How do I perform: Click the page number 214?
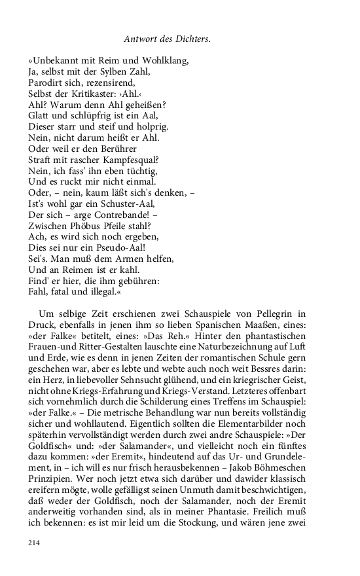pos(35,543)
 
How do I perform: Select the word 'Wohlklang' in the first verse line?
pos(163,62)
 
